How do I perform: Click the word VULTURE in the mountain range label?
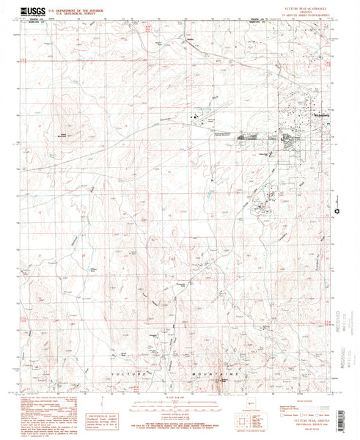pyautogui.click(x=126, y=374)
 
